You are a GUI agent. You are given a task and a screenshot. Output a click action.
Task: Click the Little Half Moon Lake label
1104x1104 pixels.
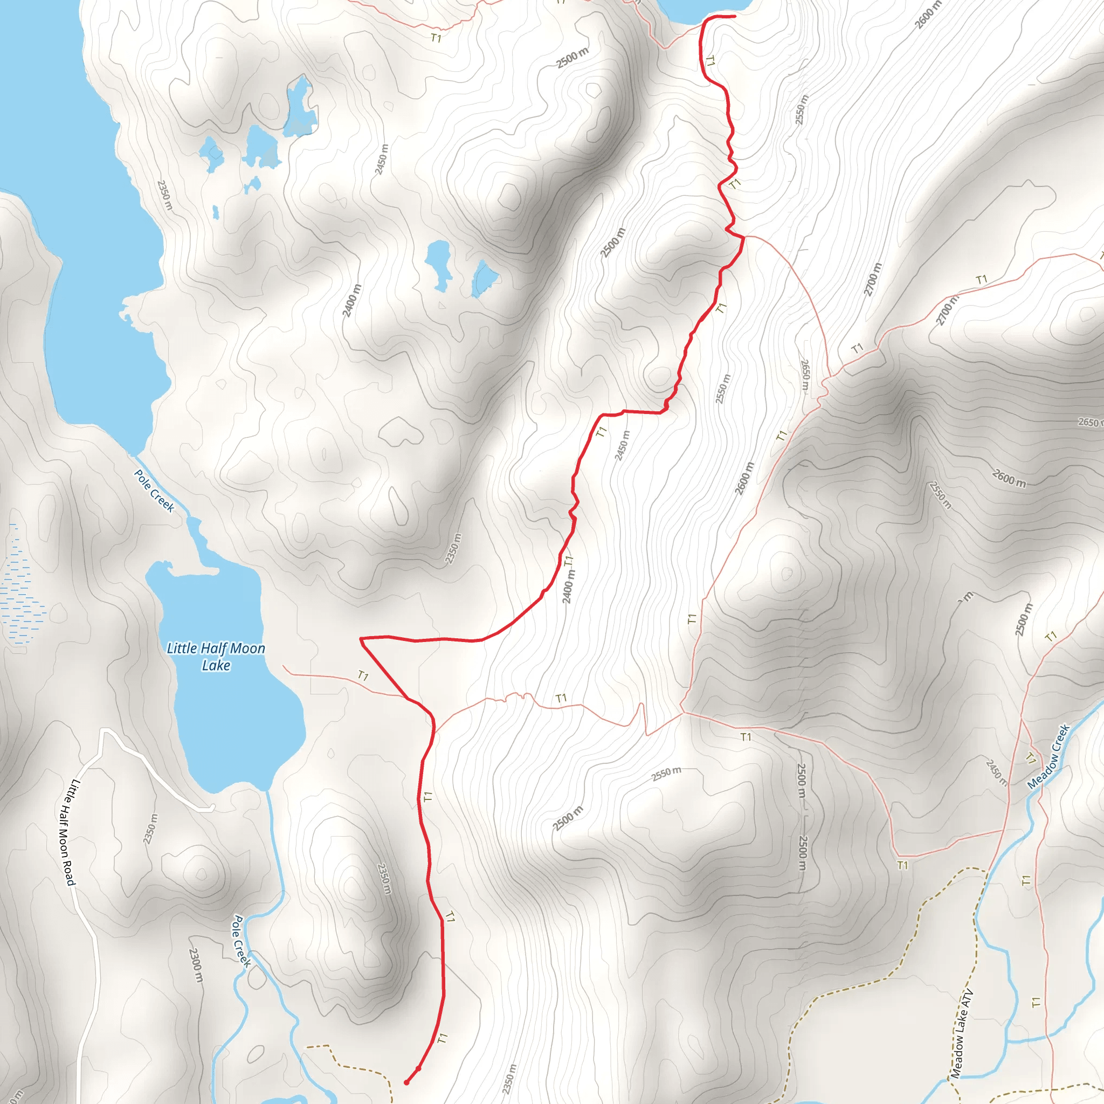point(216,657)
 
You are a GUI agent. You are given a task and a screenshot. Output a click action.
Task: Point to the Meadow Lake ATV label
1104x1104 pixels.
point(962,1034)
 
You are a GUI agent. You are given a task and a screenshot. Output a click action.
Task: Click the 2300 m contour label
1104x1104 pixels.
point(195,965)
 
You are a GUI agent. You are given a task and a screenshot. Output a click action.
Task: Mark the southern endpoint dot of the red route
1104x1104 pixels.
point(406,1082)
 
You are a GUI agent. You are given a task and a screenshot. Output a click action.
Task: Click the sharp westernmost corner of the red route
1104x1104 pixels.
point(361,638)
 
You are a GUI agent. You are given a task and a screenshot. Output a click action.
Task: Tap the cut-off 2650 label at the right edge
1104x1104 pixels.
point(1089,422)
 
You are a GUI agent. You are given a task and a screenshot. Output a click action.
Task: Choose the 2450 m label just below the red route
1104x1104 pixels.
point(622,445)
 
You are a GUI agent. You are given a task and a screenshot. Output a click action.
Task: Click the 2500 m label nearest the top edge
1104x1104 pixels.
point(572,58)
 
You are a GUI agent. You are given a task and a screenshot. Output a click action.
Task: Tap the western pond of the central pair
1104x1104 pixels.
point(439,264)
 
